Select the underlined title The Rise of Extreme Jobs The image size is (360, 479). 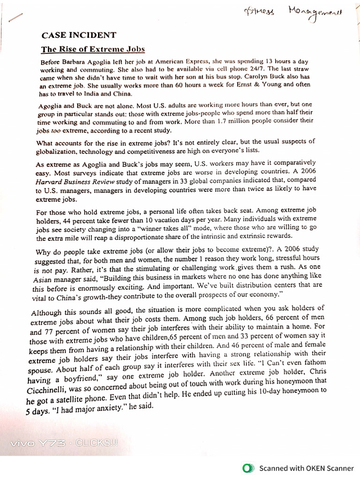[93, 49]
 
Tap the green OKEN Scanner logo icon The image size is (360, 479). [247, 468]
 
